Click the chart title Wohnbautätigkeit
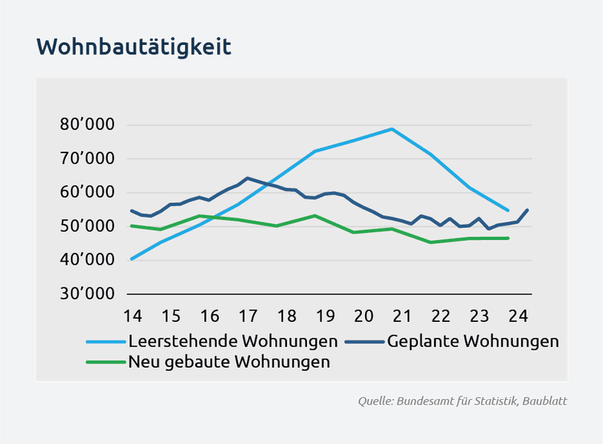[x=133, y=47]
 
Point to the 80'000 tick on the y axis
[x=87, y=125]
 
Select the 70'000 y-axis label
[x=87, y=159]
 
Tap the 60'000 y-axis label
[x=87, y=193]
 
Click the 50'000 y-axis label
[x=87, y=226]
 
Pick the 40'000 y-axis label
[x=87, y=260]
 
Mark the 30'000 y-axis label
[x=87, y=294]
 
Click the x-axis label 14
[x=132, y=314]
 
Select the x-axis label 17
[x=247, y=314]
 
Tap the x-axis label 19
[x=325, y=314]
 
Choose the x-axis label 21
[x=402, y=314]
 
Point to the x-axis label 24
[x=518, y=314]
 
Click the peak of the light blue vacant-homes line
[x=392, y=128]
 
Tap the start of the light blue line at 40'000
[x=132, y=259]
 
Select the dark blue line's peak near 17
[x=248, y=178]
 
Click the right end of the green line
[x=508, y=238]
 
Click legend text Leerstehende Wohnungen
[x=232, y=341]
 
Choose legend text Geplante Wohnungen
[x=473, y=341]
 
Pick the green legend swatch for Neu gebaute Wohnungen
[x=105, y=362]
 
